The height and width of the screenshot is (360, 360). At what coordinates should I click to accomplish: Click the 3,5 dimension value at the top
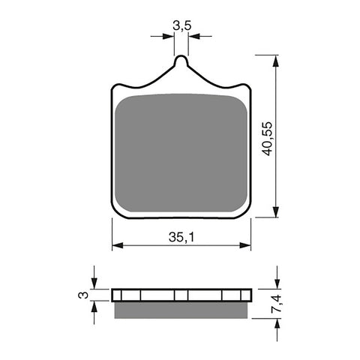click(x=181, y=25)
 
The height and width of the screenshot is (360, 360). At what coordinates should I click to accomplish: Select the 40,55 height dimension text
click(x=268, y=136)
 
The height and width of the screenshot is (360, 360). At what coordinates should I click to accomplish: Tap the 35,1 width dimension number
click(x=181, y=237)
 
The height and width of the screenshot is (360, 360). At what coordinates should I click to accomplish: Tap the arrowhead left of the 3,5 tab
click(x=169, y=34)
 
